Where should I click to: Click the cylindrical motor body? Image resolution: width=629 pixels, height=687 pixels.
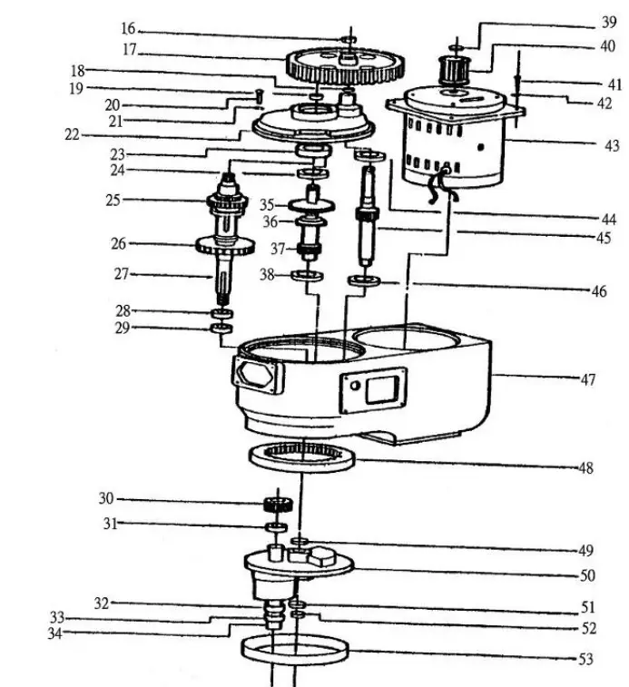(454, 145)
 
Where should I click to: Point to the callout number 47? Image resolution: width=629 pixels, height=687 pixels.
(587, 379)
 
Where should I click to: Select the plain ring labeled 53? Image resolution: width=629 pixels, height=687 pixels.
(295, 651)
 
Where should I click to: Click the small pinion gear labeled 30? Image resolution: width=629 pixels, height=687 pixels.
(276, 505)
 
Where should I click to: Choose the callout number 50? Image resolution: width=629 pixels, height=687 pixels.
(587, 575)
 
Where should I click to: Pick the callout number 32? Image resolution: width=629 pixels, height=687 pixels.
(103, 603)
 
